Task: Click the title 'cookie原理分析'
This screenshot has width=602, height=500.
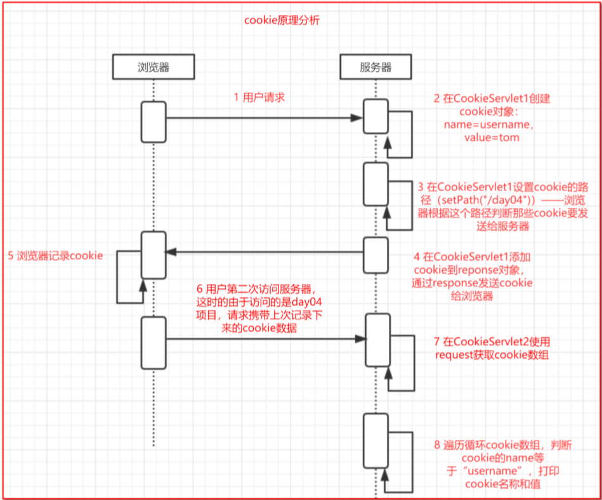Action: (x=282, y=20)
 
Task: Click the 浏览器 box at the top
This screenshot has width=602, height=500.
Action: (x=154, y=67)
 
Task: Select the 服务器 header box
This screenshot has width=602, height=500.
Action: (x=376, y=67)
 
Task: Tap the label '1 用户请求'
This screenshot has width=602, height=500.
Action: (x=259, y=98)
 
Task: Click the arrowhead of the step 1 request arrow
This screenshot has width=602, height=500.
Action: (x=357, y=118)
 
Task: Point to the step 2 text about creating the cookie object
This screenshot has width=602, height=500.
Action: (x=492, y=118)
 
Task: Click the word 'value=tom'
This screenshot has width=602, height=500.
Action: (x=492, y=138)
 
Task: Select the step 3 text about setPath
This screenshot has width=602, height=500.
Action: (x=503, y=207)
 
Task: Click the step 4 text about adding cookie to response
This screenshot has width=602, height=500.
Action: (x=472, y=276)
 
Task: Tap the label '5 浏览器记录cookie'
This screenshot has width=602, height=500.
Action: (x=56, y=256)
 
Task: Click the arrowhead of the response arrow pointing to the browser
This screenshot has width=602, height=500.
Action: (x=171, y=252)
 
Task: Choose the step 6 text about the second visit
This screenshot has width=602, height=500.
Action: (x=259, y=308)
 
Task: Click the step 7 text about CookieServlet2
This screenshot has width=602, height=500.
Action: (x=492, y=348)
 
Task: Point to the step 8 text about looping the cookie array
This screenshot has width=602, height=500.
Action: (x=503, y=465)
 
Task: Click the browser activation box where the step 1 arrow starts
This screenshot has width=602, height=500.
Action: (x=154, y=122)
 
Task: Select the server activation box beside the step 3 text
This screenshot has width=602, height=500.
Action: (x=376, y=184)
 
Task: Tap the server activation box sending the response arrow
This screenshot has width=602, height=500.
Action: (x=376, y=255)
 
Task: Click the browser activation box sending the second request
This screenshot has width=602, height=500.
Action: (x=154, y=343)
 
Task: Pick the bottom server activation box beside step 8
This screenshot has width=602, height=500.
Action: (x=376, y=441)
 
